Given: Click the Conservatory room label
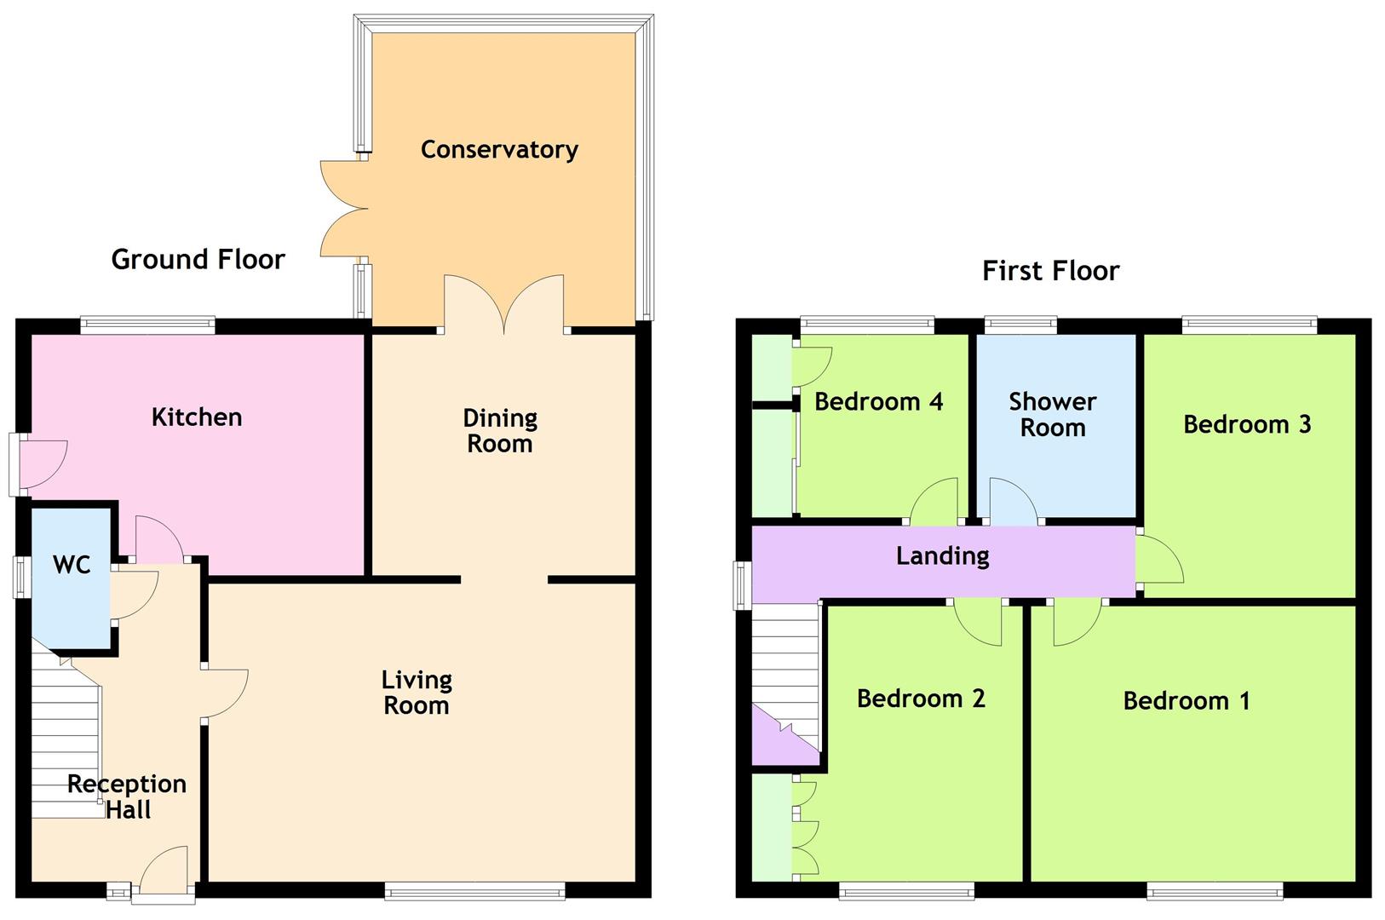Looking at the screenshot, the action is [x=499, y=150].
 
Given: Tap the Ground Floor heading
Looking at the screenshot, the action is [x=198, y=260].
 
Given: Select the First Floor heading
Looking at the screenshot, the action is [x=1050, y=271].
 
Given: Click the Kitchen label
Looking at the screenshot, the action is [x=197, y=417].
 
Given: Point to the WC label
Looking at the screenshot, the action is [x=72, y=565].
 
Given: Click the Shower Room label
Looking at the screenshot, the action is [x=1052, y=414].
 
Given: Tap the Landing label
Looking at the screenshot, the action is [x=942, y=556].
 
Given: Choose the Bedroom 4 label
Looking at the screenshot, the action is [x=878, y=402].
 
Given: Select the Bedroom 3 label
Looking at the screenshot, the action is [x=1247, y=424].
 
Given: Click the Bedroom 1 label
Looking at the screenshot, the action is [x=1187, y=700].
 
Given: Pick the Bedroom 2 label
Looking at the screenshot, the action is [x=921, y=699].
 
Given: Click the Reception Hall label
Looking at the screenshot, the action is [x=127, y=797].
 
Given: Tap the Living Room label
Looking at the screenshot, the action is [x=417, y=693].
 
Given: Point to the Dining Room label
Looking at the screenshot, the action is [x=500, y=431].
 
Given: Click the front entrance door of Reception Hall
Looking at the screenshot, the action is [x=164, y=871].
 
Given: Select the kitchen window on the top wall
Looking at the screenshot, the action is [x=147, y=325].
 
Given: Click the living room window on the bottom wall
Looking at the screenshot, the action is [x=474, y=891].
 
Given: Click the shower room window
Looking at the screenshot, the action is [x=1020, y=325].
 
